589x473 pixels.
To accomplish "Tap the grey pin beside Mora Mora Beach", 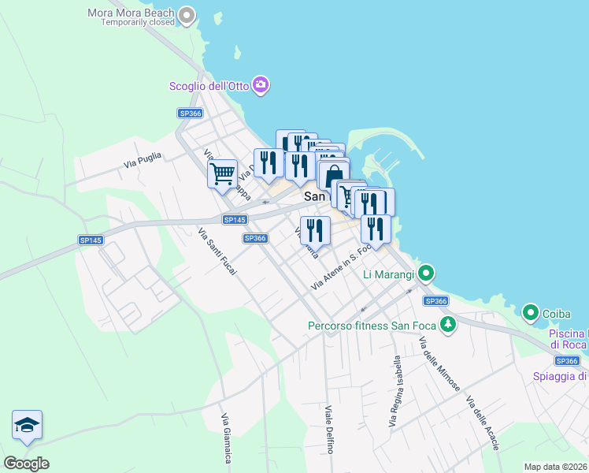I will coord(187,15).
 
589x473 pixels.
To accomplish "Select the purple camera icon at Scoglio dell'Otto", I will coord(261,85).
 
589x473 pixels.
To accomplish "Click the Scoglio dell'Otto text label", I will coord(209,86).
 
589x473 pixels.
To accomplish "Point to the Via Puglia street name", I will coord(142,160).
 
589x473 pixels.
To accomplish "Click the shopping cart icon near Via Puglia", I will coord(222,173).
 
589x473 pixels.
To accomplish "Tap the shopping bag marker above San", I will coord(334,175).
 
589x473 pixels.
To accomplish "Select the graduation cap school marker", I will coord(28,425).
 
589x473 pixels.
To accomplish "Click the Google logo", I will coord(26,463).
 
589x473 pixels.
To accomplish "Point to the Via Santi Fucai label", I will coord(217,251).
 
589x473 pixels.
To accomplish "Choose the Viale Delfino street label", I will coord(331,429).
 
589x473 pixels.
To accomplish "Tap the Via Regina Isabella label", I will coord(395,392).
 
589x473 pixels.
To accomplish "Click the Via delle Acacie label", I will coord(483,423).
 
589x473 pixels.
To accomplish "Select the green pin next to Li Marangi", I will coord(427,274).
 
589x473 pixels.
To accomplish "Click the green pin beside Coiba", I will coord(532,314).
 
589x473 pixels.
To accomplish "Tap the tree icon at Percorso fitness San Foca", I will coord(448,325).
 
